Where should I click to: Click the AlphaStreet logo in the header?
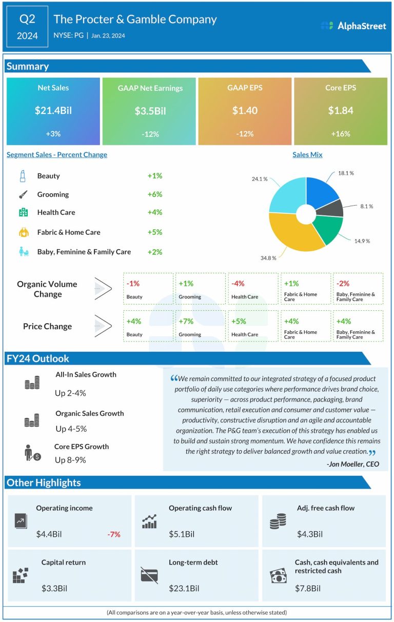coord(353,26)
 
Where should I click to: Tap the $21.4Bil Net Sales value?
coord(53,110)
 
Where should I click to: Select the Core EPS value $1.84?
coord(340,110)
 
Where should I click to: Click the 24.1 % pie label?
coord(260,179)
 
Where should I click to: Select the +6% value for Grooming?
coord(154,194)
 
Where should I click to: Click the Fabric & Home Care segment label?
coord(69,232)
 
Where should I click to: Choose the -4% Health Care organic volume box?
coord(252,289)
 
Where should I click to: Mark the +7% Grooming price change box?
coord(200,326)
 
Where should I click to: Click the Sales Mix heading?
coord(307,154)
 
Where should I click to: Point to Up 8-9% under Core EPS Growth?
coord(70,460)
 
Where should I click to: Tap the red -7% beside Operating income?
coord(114,534)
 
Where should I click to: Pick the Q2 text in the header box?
coord(28,19)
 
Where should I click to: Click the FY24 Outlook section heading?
coord(37,358)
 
